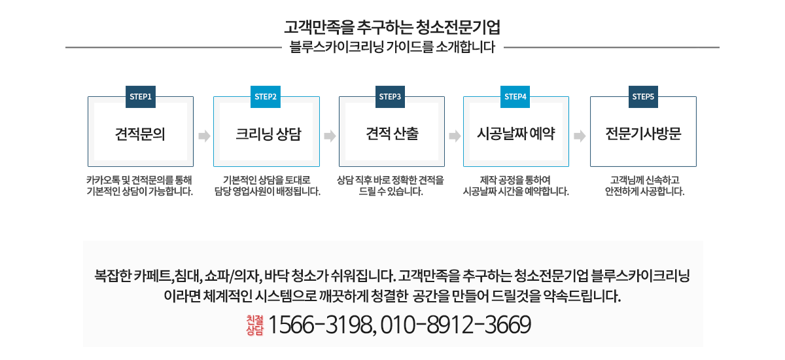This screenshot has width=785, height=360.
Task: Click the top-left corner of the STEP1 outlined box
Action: coord(88,97)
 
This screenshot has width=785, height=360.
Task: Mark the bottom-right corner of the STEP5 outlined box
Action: coord(696,166)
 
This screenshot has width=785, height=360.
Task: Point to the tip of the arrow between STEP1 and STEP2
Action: coord(210,136)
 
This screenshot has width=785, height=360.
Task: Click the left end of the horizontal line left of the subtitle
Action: coord(65,47)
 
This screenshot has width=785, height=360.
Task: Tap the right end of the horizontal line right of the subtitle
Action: coord(720,47)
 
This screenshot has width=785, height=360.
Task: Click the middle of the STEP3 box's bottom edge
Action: coord(392,166)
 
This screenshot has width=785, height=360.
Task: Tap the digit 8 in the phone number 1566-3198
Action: coord(365,325)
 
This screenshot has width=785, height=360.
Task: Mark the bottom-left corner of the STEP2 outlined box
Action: coord(213,166)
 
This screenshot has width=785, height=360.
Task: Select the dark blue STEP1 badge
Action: coord(141,97)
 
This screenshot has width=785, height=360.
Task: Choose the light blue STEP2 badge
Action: coord(266,97)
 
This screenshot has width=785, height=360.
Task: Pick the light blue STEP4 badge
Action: coord(515,97)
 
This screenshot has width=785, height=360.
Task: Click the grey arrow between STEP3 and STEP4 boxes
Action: coord(455,136)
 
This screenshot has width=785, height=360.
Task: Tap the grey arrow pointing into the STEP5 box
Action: coord(580,136)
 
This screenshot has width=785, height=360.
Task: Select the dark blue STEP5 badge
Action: coord(643,97)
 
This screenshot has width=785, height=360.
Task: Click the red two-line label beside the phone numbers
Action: coord(254,325)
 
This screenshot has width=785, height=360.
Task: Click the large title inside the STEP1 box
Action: coord(140,134)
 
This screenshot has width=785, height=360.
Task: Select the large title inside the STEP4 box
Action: coord(516,134)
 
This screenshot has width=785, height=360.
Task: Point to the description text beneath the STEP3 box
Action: coord(391,186)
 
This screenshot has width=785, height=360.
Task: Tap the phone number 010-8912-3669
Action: coord(455,325)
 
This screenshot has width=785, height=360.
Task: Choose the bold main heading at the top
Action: coord(392,27)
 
